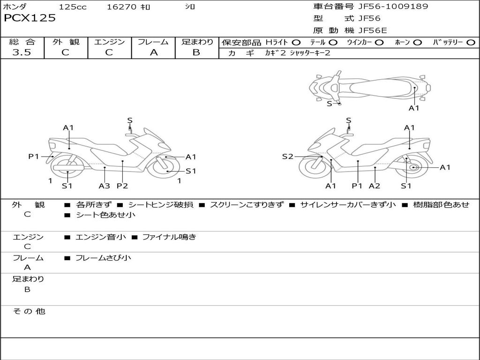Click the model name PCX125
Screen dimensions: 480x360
pyautogui.click(x=30, y=18)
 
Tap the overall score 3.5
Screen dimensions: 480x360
pyautogui.click(x=22, y=52)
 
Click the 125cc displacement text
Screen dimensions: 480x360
pyautogui.click(x=73, y=7)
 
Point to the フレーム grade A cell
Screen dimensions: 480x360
pyautogui.click(x=153, y=52)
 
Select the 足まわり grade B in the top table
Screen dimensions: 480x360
pyautogui.click(x=196, y=52)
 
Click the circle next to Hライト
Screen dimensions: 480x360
pyautogui.click(x=296, y=43)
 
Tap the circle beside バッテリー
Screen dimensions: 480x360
pyautogui.click(x=470, y=43)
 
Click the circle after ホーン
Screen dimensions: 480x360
pyautogui.click(x=417, y=43)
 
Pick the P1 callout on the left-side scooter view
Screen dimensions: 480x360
pyautogui.click(x=34, y=157)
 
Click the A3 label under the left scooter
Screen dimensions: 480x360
pyautogui.click(x=104, y=186)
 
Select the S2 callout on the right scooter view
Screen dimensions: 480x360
pyautogui.click(x=287, y=157)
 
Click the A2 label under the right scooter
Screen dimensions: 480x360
pyautogui.click(x=374, y=186)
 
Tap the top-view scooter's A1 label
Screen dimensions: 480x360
pyautogui.click(x=413, y=108)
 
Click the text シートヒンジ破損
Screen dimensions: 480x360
pyautogui.click(x=160, y=205)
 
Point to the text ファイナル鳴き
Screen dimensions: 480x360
pyautogui.click(x=169, y=237)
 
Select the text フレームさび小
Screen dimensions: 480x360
pyautogui.click(x=103, y=258)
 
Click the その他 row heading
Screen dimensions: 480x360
pyautogui.click(x=29, y=311)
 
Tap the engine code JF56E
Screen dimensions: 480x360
pyautogui.click(x=372, y=30)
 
